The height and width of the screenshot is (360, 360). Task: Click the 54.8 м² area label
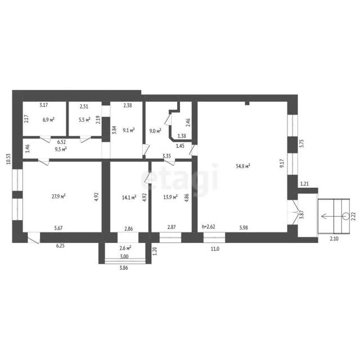(242, 166)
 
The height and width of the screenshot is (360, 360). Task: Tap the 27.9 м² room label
(58, 196)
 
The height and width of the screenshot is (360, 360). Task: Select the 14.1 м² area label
(129, 197)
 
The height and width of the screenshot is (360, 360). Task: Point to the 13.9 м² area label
(170, 197)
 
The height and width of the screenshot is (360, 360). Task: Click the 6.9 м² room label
(48, 120)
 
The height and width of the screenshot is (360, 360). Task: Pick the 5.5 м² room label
(84, 120)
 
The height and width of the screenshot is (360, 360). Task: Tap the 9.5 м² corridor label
(61, 149)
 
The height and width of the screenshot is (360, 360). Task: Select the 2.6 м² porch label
(125, 248)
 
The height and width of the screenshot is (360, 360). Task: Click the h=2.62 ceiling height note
(209, 227)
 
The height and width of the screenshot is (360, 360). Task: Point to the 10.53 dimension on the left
(8, 159)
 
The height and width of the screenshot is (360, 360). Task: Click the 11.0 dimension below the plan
(215, 249)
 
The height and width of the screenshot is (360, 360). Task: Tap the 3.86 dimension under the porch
(124, 268)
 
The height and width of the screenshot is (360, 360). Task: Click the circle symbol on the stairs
(346, 216)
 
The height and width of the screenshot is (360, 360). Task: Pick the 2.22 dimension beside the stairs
(354, 216)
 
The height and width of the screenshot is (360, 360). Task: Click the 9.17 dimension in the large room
(282, 163)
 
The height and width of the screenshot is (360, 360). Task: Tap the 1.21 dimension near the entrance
(304, 184)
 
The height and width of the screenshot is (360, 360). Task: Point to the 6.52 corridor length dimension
(61, 142)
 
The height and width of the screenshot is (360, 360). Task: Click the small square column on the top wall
(247, 103)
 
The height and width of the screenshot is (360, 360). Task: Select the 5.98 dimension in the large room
(244, 227)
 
